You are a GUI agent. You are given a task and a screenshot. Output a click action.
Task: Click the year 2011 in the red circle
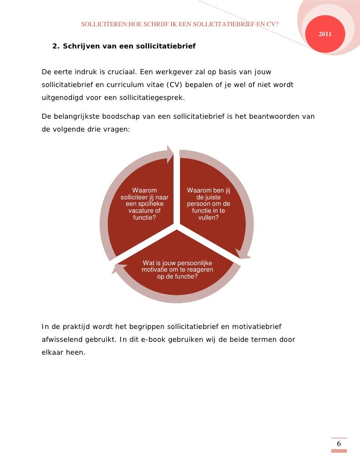[x=325, y=34]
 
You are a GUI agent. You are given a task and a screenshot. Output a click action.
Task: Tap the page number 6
[x=339, y=444]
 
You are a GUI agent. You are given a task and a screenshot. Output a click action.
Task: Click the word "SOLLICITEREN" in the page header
[x=100, y=24]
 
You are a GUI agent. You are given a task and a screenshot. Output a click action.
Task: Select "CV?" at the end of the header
[x=272, y=24]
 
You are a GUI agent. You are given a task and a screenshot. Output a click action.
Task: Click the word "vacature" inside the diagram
[x=144, y=211]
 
